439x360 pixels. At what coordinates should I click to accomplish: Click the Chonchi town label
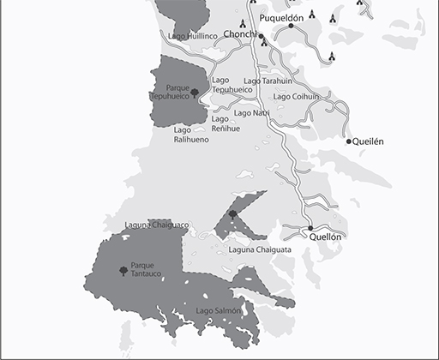[239, 34]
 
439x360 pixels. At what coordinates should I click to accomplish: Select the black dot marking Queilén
[349, 141]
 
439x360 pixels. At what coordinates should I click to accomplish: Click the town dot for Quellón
[310, 228]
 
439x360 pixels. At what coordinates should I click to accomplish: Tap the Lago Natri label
[251, 112]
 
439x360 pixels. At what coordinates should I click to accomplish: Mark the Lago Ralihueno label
[191, 135]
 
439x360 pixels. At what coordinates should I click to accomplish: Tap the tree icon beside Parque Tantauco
[123, 271]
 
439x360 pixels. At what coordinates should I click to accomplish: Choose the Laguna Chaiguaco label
[156, 225]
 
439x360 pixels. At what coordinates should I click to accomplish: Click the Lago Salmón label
[218, 309]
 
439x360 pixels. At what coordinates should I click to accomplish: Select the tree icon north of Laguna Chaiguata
[232, 214]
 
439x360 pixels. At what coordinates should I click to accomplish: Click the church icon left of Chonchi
[245, 24]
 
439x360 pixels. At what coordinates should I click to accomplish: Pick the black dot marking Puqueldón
[292, 26]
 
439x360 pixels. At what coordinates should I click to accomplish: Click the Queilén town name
[369, 141]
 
